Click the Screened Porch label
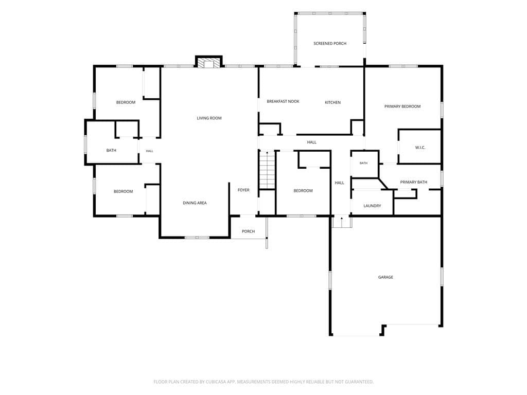click(330, 43)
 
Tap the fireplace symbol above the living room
click(209, 62)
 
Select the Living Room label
click(209, 118)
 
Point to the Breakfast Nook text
click(283, 101)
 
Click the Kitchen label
click(333, 102)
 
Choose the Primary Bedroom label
click(402, 106)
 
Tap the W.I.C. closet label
click(420, 148)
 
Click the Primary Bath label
click(413, 182)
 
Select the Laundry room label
click(372, 206)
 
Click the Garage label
click(385, 277)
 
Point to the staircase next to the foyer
click(267, 170)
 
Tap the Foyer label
click(243, 190)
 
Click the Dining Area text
click(195, 203)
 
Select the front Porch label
click(249, 231)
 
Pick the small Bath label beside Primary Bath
click(364, 163)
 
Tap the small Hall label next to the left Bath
click(150, 151)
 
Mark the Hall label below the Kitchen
click(311, 142)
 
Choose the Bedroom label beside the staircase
click(303, 191)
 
